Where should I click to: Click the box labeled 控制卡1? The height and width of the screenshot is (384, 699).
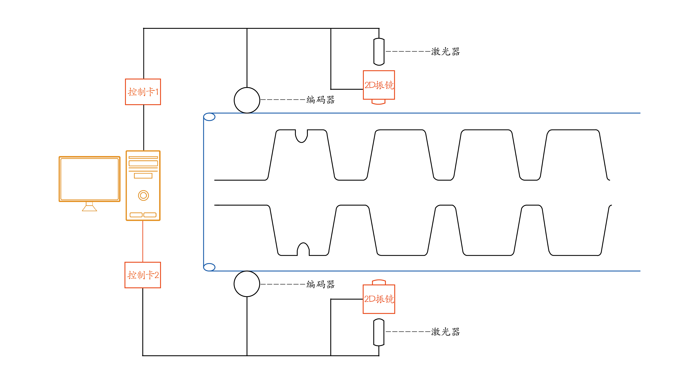click(x=143, y=92)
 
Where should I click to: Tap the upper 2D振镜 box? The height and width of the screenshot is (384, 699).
click(x=379, y=85)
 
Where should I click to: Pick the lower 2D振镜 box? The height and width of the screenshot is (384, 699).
click(x=379, y=299)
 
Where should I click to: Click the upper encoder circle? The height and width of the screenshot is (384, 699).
click(x=247, y=100)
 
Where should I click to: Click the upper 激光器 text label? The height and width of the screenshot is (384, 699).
click(x=445, y=51)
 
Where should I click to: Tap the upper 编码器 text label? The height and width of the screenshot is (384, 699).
click(x=320, y=100)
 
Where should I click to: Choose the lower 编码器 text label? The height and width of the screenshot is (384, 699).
click(x=320, y=284)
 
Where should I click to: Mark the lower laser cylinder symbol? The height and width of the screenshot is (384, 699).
click(x=379, y=332)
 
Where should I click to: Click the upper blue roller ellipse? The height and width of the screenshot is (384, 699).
click(x=209, y=117)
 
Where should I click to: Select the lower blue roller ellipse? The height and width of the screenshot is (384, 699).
click(x=209, y=267)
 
